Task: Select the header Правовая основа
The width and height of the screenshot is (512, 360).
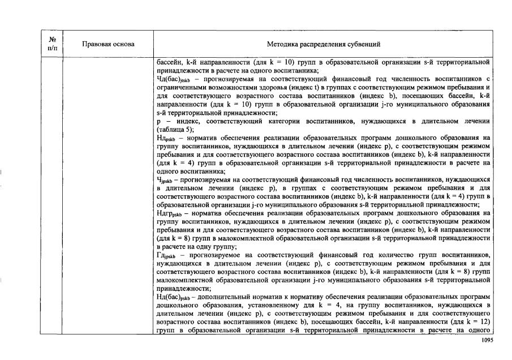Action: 108,44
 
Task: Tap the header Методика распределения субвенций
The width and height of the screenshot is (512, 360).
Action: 323,44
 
